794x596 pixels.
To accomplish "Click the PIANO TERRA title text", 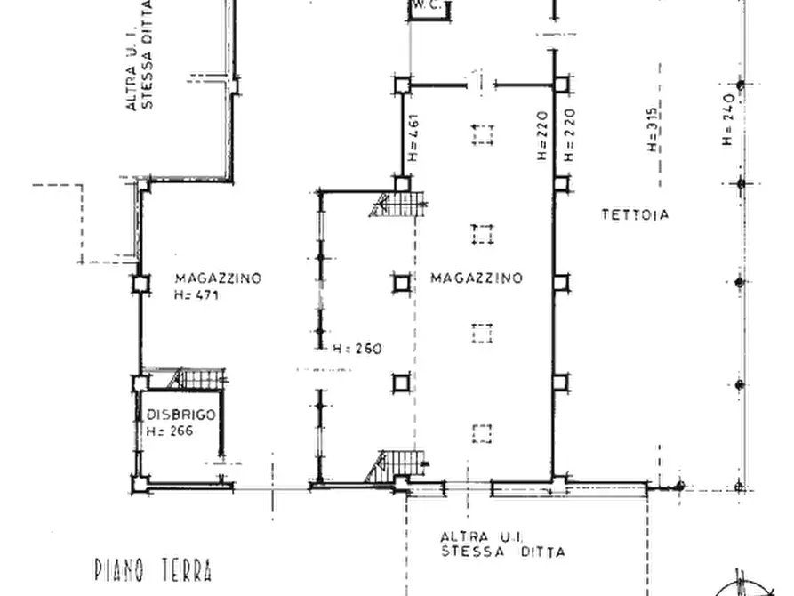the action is (154, 569).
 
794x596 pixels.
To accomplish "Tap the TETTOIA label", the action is (635, 215).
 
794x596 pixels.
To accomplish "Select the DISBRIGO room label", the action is (180, 415).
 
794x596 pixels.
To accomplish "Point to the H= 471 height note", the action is (196, 294).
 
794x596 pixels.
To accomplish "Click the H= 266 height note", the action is (170, 431).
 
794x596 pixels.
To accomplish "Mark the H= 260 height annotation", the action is (357, 349).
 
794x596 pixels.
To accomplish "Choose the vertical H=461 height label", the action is (413, 137).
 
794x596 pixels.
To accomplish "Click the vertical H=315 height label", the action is (653, 129).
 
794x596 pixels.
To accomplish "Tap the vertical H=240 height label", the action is (728, 119).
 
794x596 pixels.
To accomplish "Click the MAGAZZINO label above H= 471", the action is (218, 278).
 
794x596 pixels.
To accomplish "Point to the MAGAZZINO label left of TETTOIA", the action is (477, 278).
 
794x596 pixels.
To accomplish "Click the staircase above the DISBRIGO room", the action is (197, 379).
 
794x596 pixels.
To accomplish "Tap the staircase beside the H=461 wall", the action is (398, 205).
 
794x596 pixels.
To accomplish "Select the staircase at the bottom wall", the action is (397, 465).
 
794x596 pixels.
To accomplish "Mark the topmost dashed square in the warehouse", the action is (483, 135).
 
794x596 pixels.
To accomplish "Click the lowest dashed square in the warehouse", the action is (482, 434).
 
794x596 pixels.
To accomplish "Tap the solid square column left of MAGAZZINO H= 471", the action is (141, 283).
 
